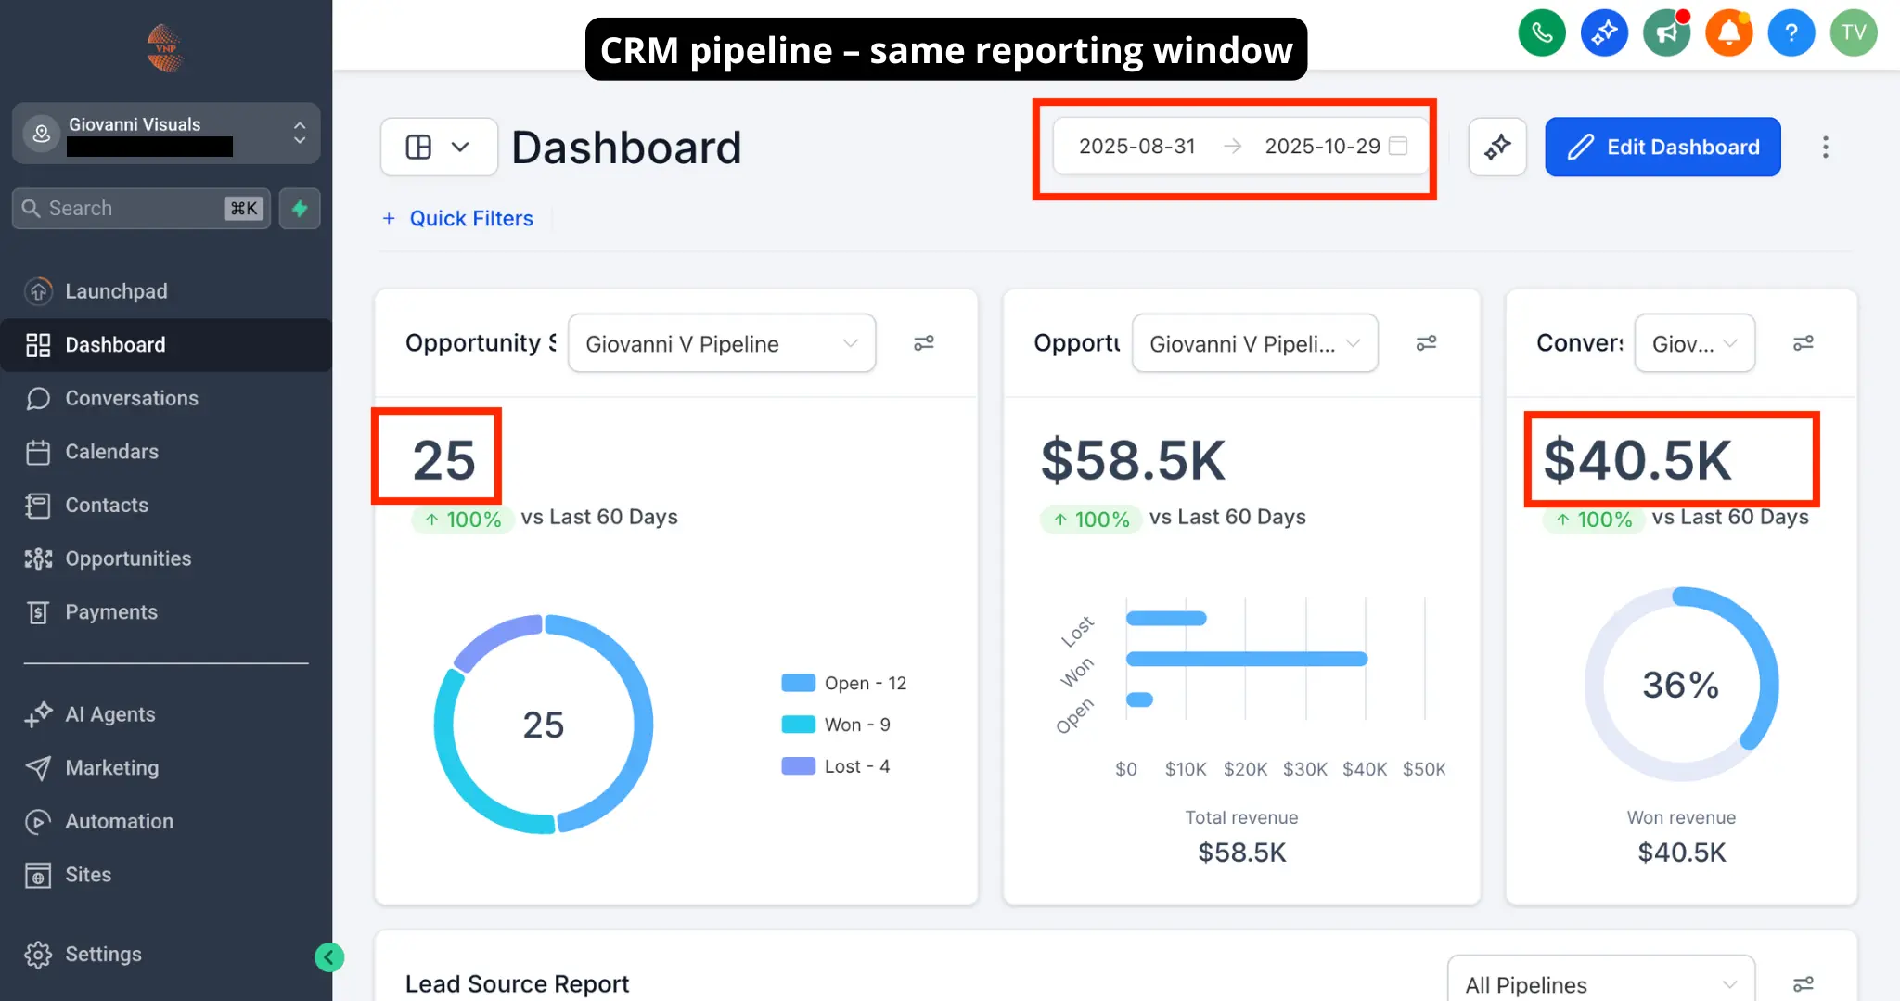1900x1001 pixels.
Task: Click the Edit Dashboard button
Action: (x=1662, y=147)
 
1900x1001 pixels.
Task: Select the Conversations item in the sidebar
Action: (x=131, y=398)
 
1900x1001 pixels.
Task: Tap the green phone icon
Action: (x=1542, y=33)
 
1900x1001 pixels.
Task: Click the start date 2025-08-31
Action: (x=1136, y=147)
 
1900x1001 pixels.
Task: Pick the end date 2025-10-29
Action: (x=1322, y=147)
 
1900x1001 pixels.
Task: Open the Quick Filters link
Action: (x=470, y=218)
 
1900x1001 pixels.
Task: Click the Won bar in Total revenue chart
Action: (x=1246, y=659)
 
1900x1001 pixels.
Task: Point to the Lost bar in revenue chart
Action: (x=1166, y=618)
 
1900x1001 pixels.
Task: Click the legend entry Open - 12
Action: (x=844, y=683)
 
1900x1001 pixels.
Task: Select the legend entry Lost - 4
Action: (x=836, y=766)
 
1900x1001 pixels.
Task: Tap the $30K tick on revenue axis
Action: (x=1304, y=769)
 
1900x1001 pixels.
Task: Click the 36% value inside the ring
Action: (x=1680, y=685)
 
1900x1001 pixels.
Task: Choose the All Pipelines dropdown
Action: (x=1600, y=984)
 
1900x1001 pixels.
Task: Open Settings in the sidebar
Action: (x=102, y=954)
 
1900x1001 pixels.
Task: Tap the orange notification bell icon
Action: (x=1728, y=33)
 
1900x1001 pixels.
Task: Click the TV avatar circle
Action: (x=1853, y=33)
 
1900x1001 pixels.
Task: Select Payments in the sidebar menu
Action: (x=110, y=612)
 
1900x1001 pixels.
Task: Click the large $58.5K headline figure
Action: (x=1133, y=460)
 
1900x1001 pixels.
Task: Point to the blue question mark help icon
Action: (x=1791, y=33)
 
